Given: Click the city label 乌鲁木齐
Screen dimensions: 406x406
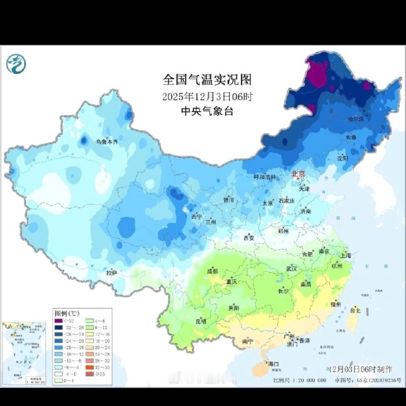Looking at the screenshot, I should tap(107, 142).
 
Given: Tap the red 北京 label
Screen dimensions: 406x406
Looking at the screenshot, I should tap(298, 174).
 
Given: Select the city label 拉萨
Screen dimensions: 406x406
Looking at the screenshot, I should tap(112, 273).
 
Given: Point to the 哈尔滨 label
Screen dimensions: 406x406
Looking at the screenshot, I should tap(356, 119).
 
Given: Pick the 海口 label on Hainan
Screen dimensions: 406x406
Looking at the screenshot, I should tap(273, 364).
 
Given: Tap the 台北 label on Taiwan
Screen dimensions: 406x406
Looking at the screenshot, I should tap(355, 310).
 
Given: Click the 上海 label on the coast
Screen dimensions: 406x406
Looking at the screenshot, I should tap(346, 255).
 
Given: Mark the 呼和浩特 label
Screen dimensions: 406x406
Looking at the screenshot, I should tap(265, 177).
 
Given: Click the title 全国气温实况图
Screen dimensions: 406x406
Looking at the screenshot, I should tap(207, 80).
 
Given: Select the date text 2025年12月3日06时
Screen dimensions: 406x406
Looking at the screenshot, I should tap(207, 96).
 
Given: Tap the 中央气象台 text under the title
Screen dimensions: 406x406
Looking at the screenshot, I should tap(207, 111).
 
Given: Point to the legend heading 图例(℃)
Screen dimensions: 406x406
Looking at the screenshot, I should tap(66, 314).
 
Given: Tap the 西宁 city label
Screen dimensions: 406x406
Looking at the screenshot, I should tap(196, 217).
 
